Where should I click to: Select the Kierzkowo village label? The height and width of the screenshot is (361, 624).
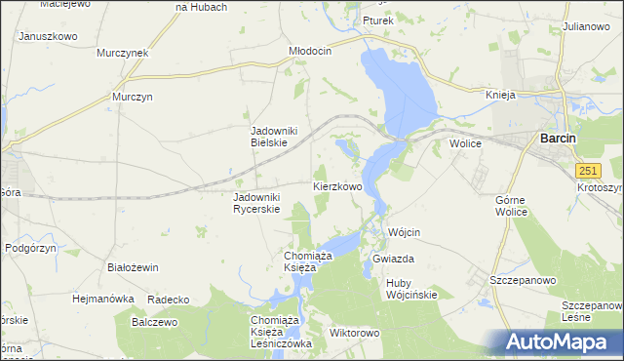337,185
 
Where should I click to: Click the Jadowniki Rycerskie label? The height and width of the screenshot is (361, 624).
256,203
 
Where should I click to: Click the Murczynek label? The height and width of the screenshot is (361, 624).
122,53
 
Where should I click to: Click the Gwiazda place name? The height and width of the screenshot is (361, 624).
394,260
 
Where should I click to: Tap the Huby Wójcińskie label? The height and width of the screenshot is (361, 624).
411,289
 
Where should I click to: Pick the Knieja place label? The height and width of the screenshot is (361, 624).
500,95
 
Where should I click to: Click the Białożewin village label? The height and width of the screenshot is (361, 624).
133,265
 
